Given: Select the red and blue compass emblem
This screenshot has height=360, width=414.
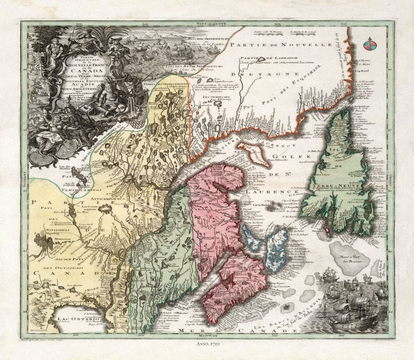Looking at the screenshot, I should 369,45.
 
